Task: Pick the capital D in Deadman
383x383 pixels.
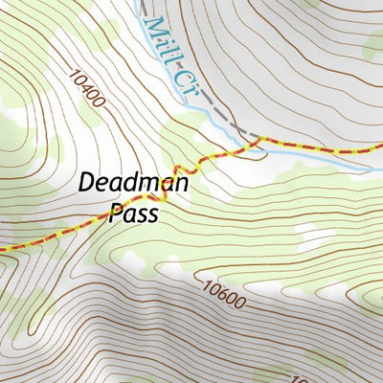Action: point(85,182)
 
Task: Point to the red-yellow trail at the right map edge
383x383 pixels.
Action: point(380,146)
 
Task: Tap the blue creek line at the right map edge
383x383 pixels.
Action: point(380,159)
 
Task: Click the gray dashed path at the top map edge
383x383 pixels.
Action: point(141,3)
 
